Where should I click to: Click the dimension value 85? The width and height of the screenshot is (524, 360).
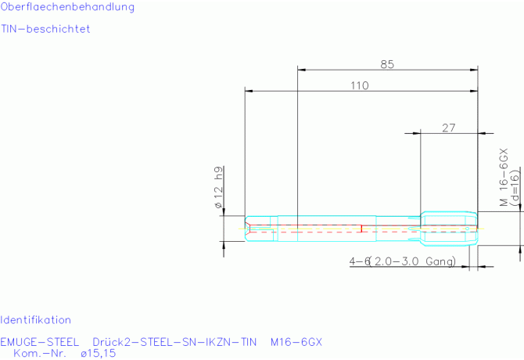coord(387,64)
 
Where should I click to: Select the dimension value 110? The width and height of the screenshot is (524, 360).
coord(360,85)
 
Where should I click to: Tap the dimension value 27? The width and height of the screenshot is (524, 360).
coord(448,128)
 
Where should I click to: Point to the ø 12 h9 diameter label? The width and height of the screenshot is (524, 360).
coord(218,187)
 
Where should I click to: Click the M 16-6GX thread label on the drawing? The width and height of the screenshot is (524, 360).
coord(504,177)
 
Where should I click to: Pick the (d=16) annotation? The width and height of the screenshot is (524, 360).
coord(515,187)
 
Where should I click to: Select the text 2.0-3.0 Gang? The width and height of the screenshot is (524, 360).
coord(415,261)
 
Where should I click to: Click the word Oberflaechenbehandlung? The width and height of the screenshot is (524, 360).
coord(67,7)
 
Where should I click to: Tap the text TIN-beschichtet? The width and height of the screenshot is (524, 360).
coord(45,29)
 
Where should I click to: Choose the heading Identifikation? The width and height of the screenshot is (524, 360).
coord(35,320)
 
